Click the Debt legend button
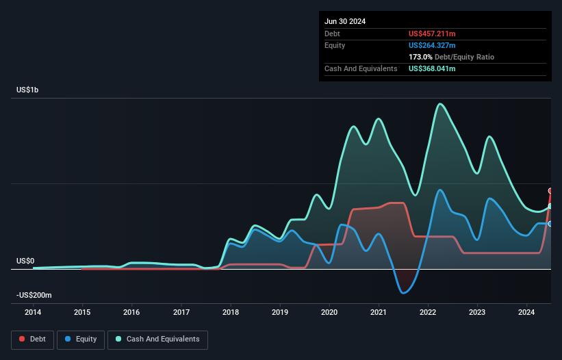pos(31,339)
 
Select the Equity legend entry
pos(80,339)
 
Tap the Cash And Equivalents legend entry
pos(157,339)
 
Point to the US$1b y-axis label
pos(28,90)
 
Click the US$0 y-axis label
pos(25,261)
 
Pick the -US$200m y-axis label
pos(35,295)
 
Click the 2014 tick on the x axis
pos(33,313)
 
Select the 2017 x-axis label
pos(181,313)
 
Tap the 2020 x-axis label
pos(329,313)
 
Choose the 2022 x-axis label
pos(428,313)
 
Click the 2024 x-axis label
pos(526,313)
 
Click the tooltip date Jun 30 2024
pos(345,21)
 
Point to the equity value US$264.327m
pos(432,45)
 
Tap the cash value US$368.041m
pos(432,68)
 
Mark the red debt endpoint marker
pos(550,191)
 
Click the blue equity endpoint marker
pos(550,224)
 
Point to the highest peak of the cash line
pos(440,104)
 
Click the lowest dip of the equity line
pos(404,293)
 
